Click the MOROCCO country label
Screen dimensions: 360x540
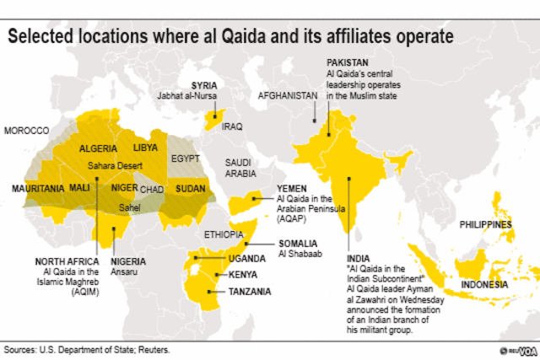coord(27,131)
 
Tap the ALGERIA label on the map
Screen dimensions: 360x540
coord(98,148)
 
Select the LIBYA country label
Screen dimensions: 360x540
coord(145,148)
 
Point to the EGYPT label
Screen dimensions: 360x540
coord(185,159)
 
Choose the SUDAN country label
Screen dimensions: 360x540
coord(191,188)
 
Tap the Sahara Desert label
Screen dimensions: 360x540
coord(117,167)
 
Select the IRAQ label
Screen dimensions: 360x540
coord(232,126)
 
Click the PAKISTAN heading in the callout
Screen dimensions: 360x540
coord(348,64)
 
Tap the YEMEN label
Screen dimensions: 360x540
coord(292,189)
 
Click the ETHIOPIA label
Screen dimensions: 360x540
coord(224,231)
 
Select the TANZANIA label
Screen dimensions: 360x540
coord(249,292)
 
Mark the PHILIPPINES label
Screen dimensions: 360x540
coord(485,225)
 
